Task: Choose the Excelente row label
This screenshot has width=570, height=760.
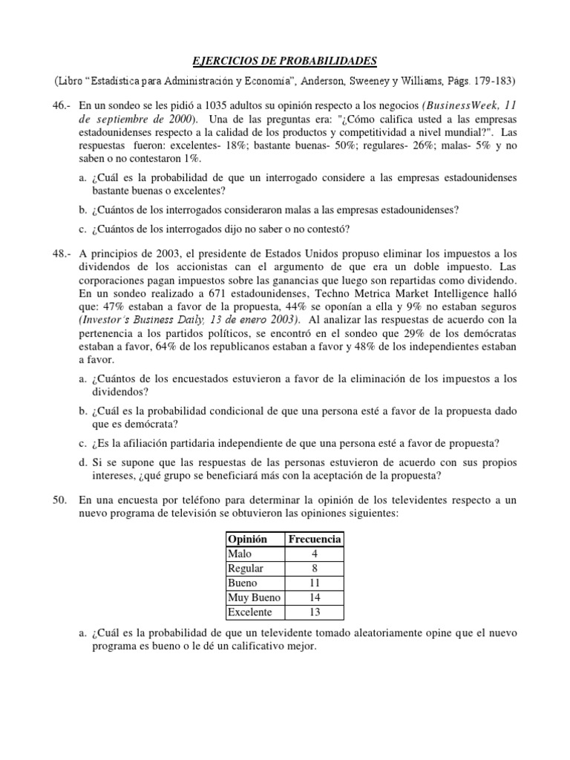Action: (251, 612)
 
